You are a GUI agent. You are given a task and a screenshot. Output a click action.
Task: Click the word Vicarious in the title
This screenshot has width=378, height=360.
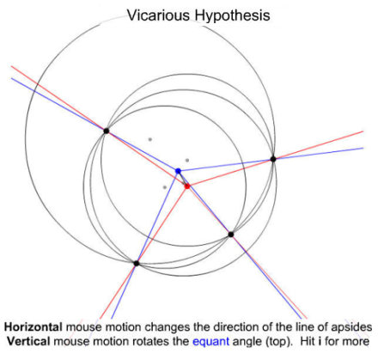pos(158,15)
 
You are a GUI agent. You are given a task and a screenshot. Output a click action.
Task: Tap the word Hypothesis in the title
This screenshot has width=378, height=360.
pos(232,16)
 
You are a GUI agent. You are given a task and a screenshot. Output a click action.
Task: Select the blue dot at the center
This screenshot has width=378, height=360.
pos(178,171)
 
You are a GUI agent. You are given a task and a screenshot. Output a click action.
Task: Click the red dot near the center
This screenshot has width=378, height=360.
pos(187,186)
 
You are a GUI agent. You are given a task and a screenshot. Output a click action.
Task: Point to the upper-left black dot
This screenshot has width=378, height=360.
pos(107,131)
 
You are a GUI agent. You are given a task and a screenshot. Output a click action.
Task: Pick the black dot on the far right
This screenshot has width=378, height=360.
pos(273,159)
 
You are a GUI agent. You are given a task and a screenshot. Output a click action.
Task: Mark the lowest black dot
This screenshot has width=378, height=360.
pos(137,263)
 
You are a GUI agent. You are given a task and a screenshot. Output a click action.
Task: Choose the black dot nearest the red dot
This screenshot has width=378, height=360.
pos(231,235)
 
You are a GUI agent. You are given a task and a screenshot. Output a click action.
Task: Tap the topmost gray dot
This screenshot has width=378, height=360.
pos(149,139)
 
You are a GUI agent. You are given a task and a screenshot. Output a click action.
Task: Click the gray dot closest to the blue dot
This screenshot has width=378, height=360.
pos(187,161)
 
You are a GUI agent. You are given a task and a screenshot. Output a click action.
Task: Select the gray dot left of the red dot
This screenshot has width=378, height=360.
pos(165,187)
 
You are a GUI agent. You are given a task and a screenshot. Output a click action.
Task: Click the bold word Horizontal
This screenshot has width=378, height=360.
pos(34,327)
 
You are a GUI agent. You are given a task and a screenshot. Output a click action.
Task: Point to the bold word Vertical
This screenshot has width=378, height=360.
pos(28,341)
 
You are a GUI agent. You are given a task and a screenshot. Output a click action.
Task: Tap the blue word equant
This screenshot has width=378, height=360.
pos(211,342)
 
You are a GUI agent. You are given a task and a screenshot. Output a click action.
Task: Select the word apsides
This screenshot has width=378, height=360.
pos(351,328)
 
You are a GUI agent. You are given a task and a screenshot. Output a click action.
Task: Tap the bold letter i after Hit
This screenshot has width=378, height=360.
pos(320,341)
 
